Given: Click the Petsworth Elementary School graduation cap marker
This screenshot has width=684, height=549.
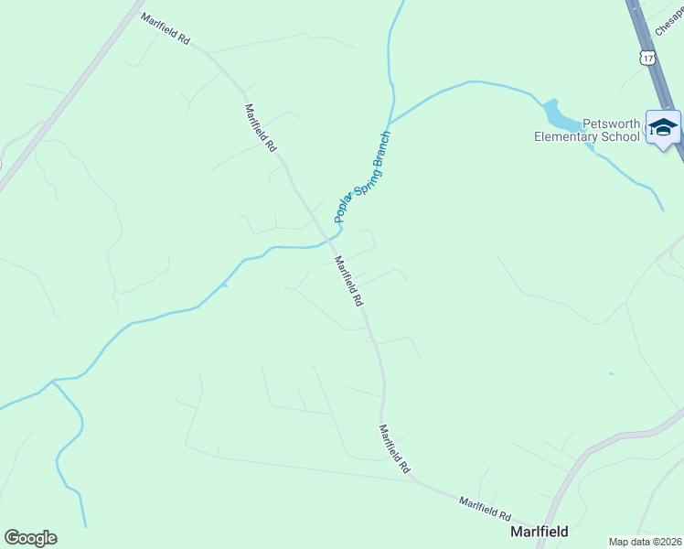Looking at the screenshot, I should [x=663, y=127].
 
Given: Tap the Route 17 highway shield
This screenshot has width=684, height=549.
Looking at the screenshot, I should [x=648, y=58].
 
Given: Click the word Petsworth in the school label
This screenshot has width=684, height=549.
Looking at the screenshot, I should [x=586, y=124].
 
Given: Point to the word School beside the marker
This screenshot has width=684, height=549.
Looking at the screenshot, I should [x=620, y=137].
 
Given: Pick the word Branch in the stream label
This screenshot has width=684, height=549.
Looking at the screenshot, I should [x=383, y=145].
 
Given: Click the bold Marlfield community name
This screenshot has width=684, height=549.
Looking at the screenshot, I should [x=539, y=531].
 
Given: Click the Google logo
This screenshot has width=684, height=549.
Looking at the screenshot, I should [x=30, y=538].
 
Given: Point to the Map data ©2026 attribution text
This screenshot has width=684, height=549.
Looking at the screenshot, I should [x=646, y=541].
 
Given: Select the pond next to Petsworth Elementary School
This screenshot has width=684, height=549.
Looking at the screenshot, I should [x=560, y=116].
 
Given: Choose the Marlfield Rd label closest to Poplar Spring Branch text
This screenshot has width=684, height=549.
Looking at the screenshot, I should [x=348, y=281].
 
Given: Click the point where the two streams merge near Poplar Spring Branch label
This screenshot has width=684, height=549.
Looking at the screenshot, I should [x=390, y=122].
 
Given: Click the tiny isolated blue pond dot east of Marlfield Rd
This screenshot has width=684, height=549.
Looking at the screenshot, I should [x=610, y=373].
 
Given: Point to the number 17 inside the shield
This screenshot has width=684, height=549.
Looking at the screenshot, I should [x=648, y=58].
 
